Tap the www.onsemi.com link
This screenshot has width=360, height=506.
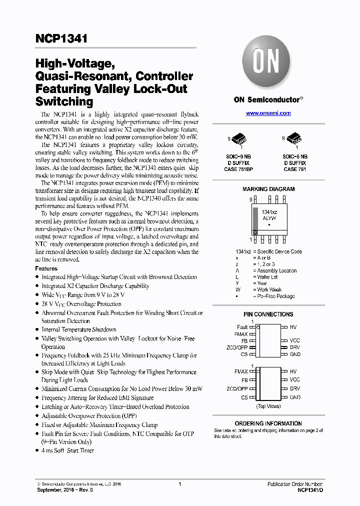[x=268, y=113]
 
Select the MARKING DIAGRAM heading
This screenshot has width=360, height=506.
[x=268, y=189]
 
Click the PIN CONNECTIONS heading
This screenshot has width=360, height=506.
[x=268, y=314]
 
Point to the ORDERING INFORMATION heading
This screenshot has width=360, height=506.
[x=268, y=423]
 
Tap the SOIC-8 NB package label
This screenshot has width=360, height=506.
[x=294, y=156]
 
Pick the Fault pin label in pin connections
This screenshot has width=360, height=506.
[x=242, y=327]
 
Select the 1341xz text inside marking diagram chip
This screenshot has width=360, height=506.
[x=268, y=213]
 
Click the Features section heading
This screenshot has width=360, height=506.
[x=46, y=268]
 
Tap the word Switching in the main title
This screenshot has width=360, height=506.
[x=64, y=101]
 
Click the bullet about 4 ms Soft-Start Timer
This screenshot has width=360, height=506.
[x=67, y=450]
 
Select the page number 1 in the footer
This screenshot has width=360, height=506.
[x=179, y=484]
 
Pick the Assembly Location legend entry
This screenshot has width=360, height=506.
[x=276, y=270]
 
